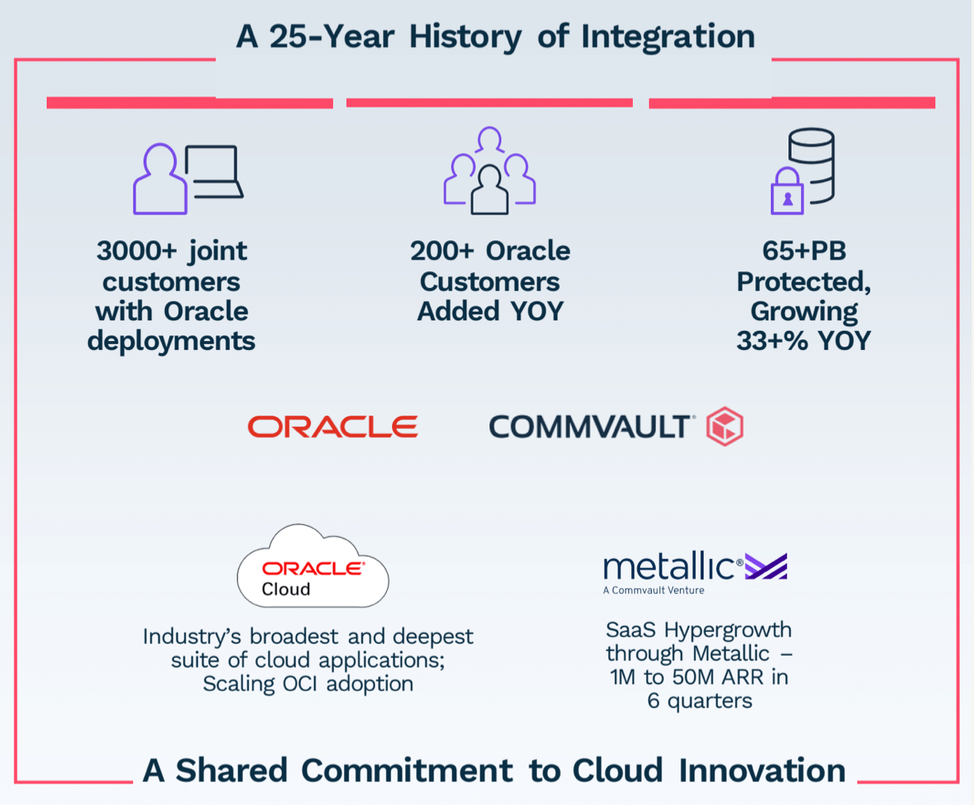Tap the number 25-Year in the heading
click(x=331, y=36)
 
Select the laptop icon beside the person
click(x=213, y=172)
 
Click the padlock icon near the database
click(x=787, y=193)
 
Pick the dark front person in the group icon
click(x=489, y=191)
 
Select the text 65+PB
click(x=803, y=251)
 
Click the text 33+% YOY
click(x=803, y=340)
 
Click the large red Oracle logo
click(x=332, y=427)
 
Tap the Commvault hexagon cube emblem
click(x=724, y=427)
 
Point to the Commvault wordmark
click(x=591, y=427)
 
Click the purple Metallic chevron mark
click(x=766, y=566)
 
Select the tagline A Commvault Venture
click(x=653, y=590)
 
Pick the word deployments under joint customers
click(x=171, y=341)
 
